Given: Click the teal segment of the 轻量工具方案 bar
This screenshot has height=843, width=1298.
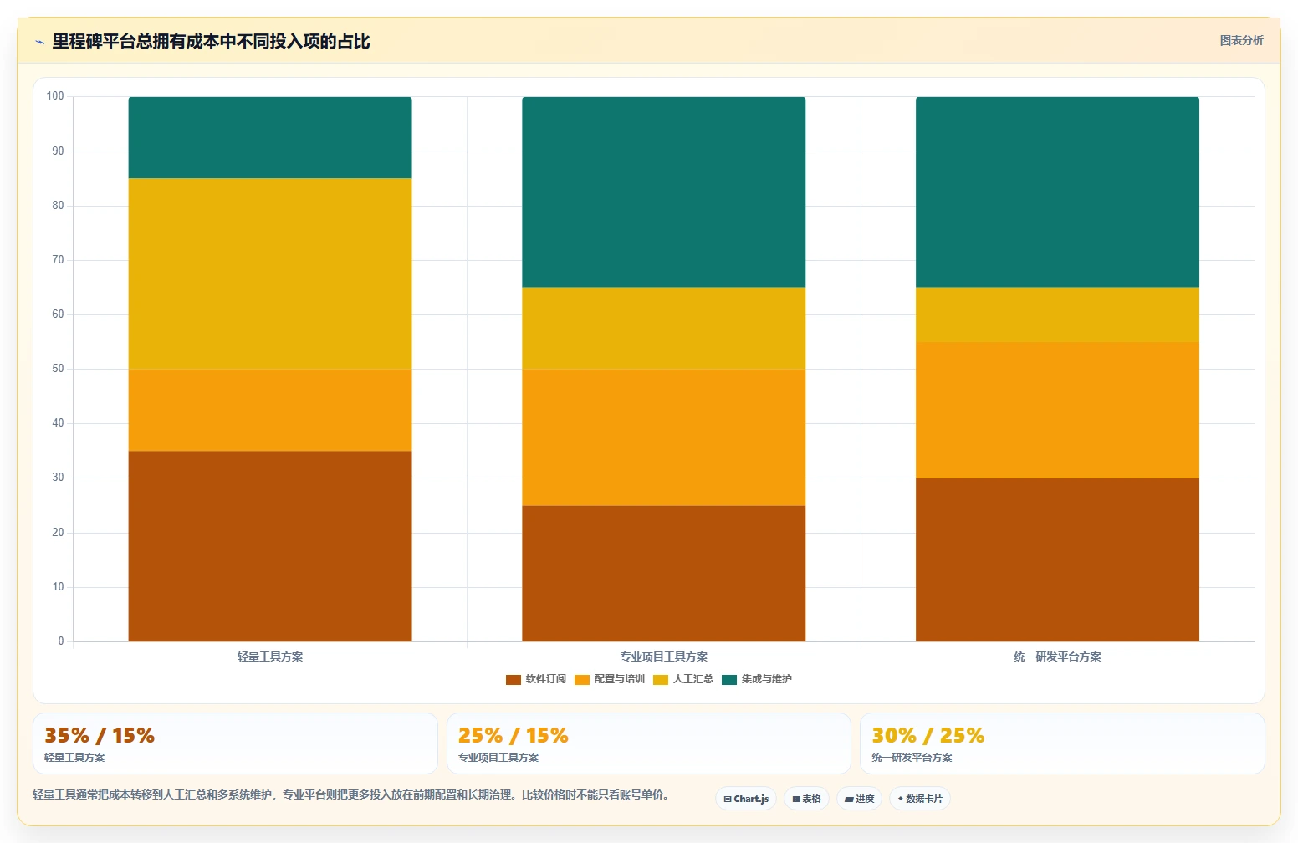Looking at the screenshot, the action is pos(270,137).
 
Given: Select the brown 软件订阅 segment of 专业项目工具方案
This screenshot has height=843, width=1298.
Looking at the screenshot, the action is pos(663,574).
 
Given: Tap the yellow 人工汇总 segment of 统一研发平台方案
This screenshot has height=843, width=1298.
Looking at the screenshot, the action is pos(1057,314).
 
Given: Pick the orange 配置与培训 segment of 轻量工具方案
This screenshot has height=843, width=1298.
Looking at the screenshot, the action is pos(270,410).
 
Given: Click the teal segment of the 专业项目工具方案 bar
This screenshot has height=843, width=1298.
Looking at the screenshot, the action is pos(663,192).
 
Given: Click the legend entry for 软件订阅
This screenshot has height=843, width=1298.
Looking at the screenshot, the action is pos(535,679).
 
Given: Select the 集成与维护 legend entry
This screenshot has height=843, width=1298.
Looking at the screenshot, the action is pos(756,679).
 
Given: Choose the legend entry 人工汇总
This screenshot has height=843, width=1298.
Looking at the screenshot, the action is pos(683,679).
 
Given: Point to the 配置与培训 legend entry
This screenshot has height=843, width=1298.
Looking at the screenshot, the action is pos(610,679).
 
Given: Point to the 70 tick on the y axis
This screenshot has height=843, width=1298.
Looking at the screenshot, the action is pos(58,260).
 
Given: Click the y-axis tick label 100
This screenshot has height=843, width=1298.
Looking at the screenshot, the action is pos(55,96).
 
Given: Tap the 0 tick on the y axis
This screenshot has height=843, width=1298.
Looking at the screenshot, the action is pos(61,641).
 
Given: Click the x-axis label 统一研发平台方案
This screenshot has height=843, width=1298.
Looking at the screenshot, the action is pos(1057,657).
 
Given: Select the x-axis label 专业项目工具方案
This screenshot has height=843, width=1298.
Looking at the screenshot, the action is pos(663,657).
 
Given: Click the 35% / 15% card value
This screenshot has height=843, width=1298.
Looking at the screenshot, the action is pos(100,735).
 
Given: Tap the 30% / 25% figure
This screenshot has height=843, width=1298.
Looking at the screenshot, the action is pos(928,735).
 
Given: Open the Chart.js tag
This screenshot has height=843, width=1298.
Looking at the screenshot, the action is pos(746,799).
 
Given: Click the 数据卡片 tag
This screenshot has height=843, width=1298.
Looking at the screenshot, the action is pos(920,799).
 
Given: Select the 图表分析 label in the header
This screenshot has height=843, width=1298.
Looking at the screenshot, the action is pos(1241,40).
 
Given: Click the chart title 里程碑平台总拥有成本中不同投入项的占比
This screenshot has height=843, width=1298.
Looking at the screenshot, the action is pos(211,42).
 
